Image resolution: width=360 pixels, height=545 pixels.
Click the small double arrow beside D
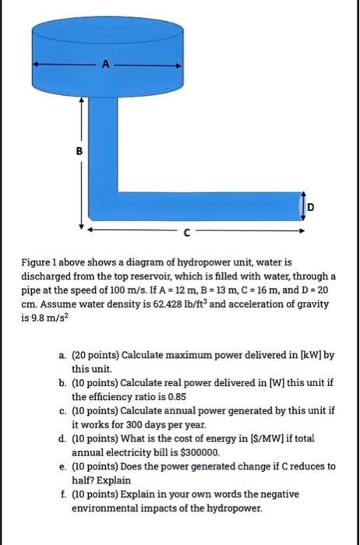pyautogui.click(x=301, y=205)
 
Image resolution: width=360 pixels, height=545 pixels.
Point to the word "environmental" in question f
pyautogui.click(x=106, y=506)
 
